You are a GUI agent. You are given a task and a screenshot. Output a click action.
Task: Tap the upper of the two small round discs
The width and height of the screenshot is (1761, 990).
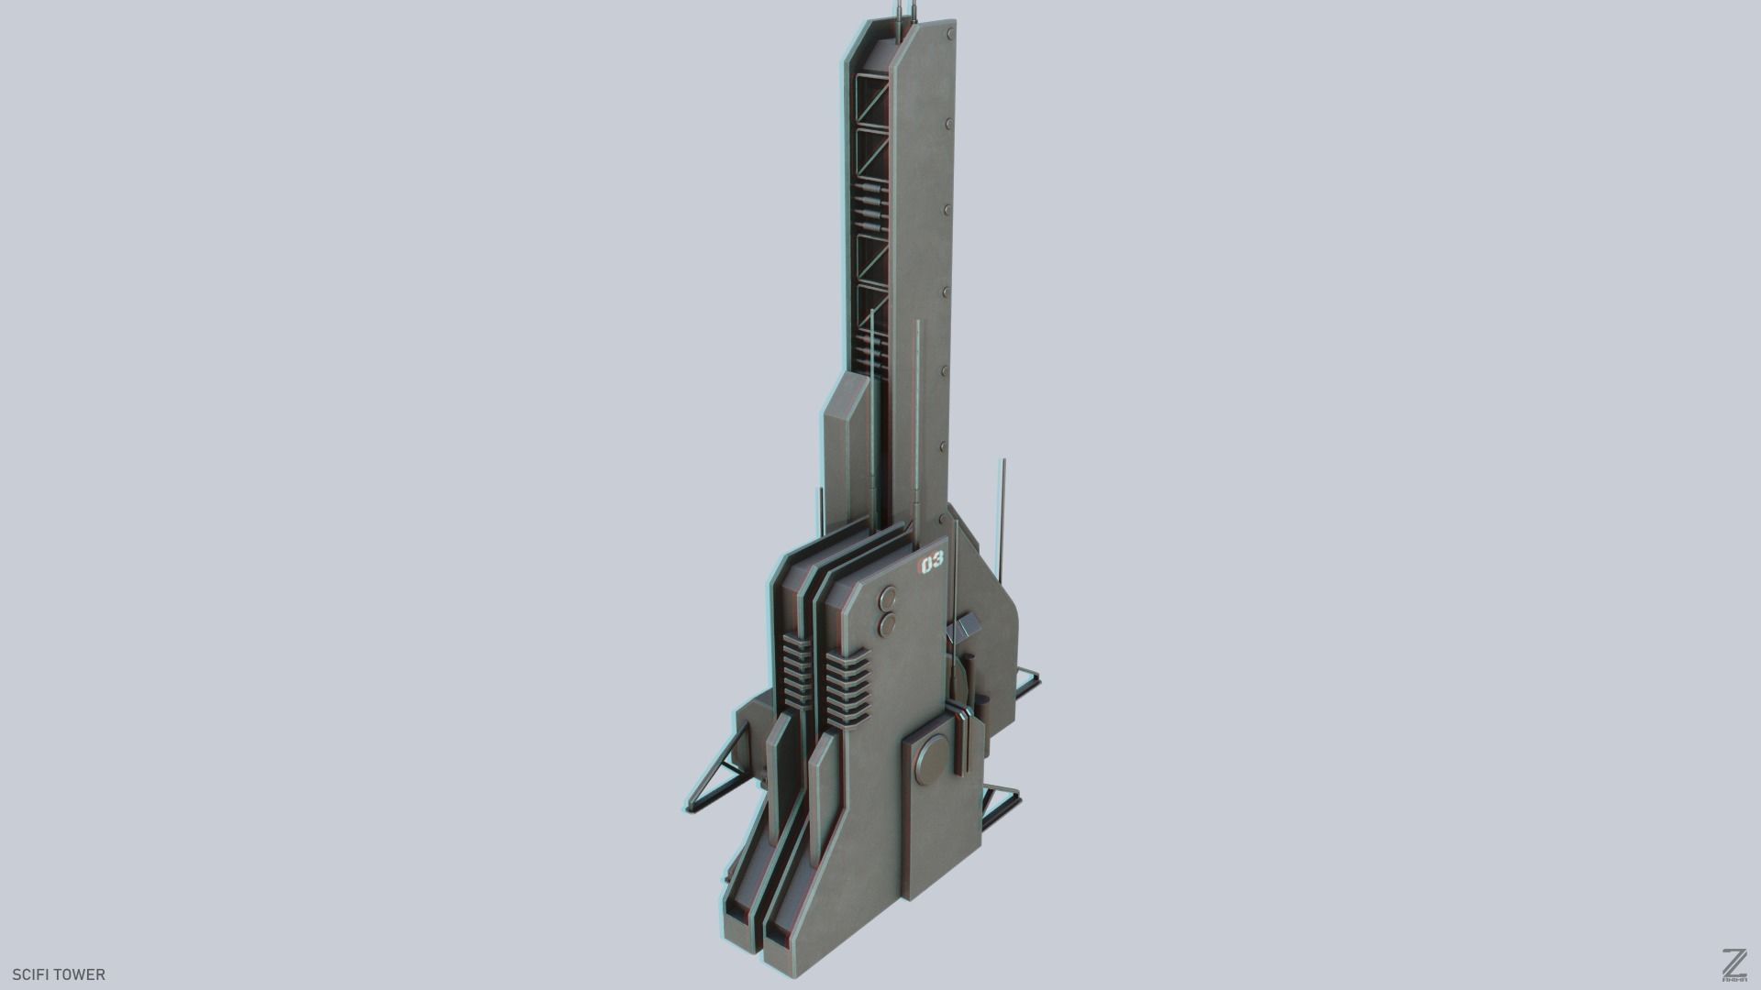(x=889, y=601)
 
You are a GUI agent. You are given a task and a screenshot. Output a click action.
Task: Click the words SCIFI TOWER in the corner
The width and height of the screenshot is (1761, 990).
(x=59, y=973)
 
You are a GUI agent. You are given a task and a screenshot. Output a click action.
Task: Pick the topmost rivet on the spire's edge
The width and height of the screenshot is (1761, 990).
(x=948, y=35)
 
